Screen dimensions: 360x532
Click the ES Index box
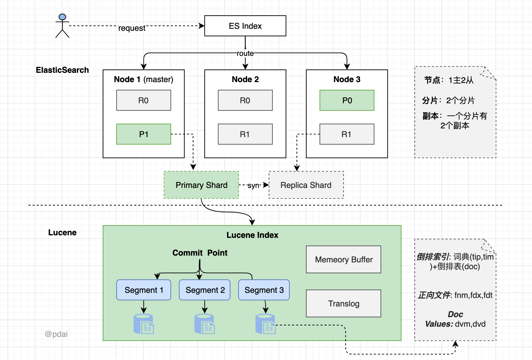(x=245, y=26)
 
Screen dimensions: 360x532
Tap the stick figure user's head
(x=62, y=17)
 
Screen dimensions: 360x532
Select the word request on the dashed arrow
(x=132, y=28)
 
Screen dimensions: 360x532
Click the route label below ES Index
(x=245, y=53)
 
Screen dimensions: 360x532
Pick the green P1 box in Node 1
(x=143, y=134)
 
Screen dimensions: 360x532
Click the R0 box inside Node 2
(x=245, y=100)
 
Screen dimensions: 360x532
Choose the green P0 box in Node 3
(x=347, y=100)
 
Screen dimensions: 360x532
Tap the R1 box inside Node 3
(x=347, y=134)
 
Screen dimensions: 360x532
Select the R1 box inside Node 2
(x=245, y=134)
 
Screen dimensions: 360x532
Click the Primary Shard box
(x=201, y=185)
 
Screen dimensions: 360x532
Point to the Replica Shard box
(x=306, y=185)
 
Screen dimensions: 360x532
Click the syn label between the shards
(x=254, y=186)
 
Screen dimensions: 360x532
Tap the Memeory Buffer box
(x=343, y=260)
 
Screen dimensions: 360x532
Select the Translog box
(x=343, y=304)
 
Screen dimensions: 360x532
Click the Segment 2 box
(x=205, y=290)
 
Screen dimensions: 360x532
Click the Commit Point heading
(x=200, y=253)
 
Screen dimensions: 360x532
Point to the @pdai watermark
(x=56, y=334)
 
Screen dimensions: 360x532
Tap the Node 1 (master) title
(x=143, y=80)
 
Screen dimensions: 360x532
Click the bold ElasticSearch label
(x=62, y=70)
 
